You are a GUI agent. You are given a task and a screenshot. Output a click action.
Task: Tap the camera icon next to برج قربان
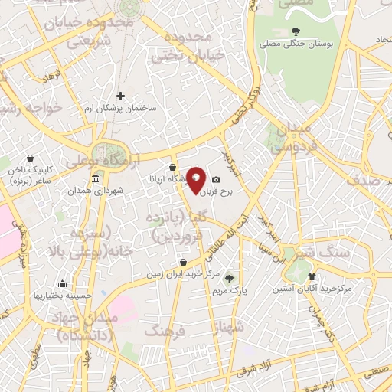coord(216,179)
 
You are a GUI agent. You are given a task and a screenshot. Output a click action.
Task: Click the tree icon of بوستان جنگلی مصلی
coord(296,32)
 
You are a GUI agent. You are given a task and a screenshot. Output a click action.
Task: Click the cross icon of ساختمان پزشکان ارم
coord(120,96)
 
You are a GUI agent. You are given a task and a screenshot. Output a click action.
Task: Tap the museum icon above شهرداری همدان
coord(95,179)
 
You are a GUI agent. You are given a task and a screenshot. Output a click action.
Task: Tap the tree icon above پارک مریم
coord(228,279)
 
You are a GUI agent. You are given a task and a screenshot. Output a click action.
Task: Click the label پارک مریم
coord(228,291)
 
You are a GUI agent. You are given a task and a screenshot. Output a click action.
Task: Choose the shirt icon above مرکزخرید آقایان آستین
coord(311,276)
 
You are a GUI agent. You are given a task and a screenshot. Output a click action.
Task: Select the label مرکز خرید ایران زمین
coord(182,273)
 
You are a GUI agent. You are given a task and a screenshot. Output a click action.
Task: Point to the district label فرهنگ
coord(165,331)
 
